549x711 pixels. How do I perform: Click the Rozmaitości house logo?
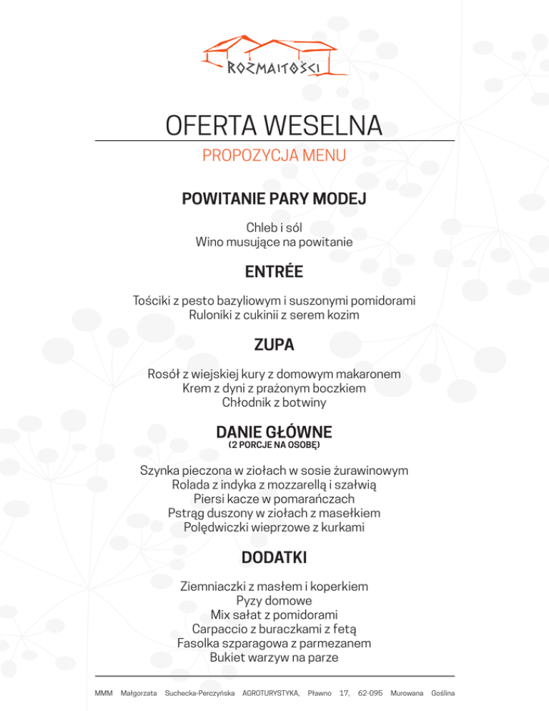click(x=274, y=57)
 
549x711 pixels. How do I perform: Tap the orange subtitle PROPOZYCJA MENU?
click(x=274, y=156)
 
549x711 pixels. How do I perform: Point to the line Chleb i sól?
click(x=274, y=228)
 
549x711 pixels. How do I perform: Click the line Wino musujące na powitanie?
click(x=274, y=242)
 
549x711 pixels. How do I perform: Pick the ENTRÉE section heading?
click(x=274, y=272)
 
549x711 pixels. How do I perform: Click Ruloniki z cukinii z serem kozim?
click(x=274, y=315)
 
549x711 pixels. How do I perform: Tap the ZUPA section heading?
click(x=274, y=345)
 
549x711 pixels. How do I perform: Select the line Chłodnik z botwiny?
click(x=274, y=403)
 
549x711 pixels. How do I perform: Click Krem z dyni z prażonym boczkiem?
click(x=274, y=388)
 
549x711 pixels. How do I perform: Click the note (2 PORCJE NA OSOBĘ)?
click(x=274, y=445)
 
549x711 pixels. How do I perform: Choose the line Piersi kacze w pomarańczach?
click(x=274, y=499)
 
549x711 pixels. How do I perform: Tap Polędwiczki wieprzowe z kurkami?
click(x=274, y=527)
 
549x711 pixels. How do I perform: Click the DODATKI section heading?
click(x=274, y=556)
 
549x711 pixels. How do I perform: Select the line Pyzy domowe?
click(x=274, y=600)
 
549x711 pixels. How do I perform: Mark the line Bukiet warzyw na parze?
click(x=274, y=657)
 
